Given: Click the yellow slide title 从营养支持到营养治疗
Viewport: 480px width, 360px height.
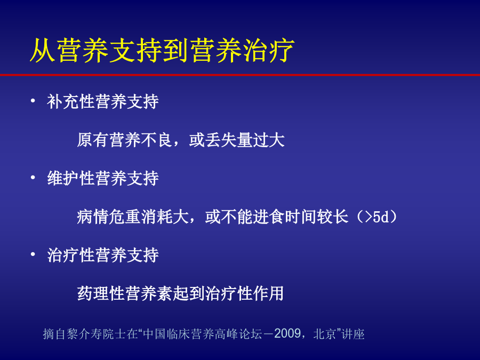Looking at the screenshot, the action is tap(162, 51).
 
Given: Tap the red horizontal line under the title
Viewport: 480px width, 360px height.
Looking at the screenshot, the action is tap(240, 75).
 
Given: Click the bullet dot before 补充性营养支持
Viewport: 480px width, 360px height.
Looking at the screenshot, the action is tap(33, 100).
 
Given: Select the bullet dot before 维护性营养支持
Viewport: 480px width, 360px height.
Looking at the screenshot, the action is tap(33, 178).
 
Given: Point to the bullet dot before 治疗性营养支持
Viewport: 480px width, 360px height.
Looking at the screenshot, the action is tap(33, 254).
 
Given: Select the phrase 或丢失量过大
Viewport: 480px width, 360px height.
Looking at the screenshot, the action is tap(237, 140).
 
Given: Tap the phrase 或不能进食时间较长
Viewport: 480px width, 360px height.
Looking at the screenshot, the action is tap(277, 217).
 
